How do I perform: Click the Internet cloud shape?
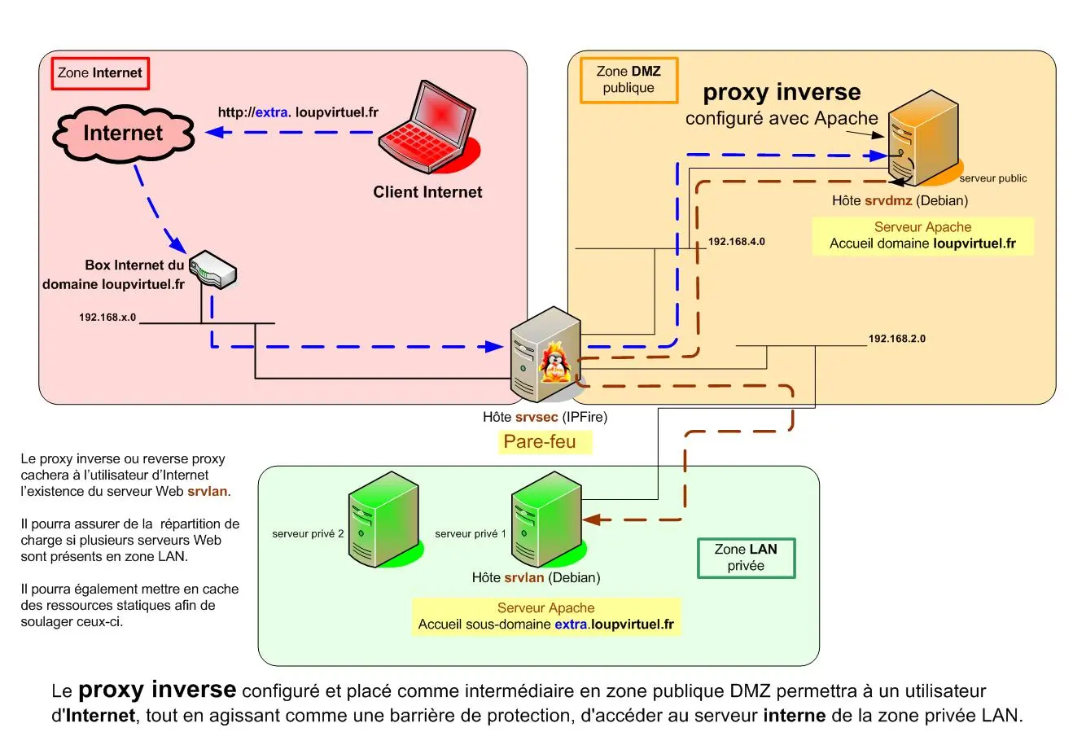(123, 133)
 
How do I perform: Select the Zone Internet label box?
(100, 73)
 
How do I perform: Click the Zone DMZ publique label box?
(628, 80)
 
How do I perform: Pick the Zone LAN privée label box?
(746, 558)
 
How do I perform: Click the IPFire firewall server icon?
(545, 354)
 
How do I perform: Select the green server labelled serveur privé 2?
(383, 519)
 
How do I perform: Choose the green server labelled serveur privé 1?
(546, 519)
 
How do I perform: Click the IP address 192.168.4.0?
(736, 242)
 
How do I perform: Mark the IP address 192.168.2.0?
(896, 339)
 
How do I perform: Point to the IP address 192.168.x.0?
(107, 318)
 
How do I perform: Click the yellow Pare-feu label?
(540, 442)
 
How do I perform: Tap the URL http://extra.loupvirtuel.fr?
(298, 112)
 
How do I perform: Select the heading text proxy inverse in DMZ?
(782, 92)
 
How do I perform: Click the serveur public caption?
(992, 178)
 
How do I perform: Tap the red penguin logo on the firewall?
(555, 362)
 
